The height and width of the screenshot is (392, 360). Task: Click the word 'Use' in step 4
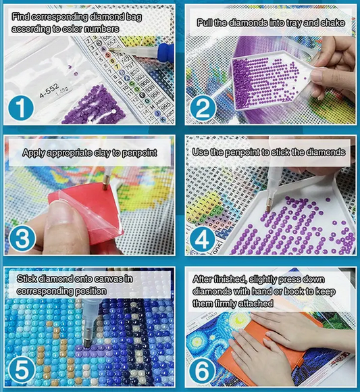[x=202, y=153]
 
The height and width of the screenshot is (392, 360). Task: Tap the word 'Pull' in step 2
[x=207, y=23]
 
